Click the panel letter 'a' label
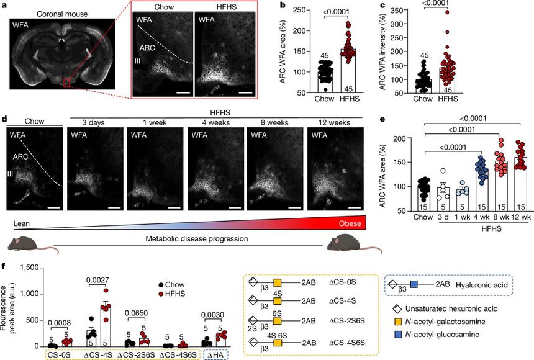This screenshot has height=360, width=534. pos(5,6)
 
